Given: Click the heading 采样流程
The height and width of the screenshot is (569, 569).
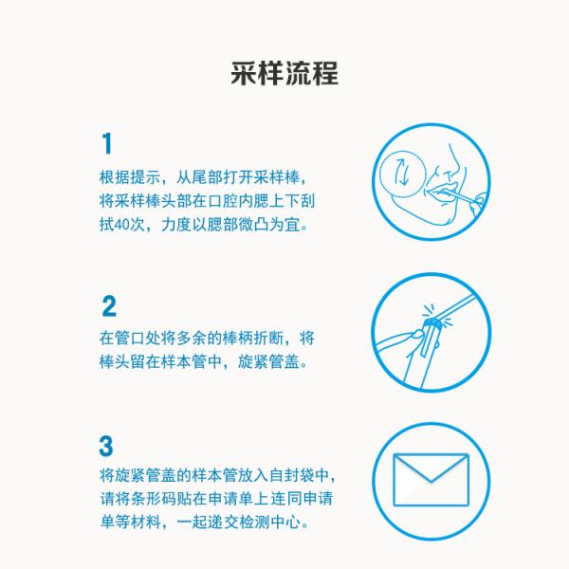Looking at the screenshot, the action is (284, 74).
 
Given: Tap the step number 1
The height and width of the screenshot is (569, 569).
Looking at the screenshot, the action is (107, 143).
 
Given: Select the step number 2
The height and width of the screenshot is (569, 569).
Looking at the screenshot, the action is (109, 306).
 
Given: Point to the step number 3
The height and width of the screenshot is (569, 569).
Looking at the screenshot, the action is (106, 446).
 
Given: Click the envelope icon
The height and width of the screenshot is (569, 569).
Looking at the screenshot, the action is (431, 479).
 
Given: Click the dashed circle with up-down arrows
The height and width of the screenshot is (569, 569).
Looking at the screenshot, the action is (402, 174).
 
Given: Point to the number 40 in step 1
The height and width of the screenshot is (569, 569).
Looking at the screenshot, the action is (122, 225).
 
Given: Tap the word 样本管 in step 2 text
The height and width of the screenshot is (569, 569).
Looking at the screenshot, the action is (184, 361).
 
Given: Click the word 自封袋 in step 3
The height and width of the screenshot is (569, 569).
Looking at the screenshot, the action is (292, 475).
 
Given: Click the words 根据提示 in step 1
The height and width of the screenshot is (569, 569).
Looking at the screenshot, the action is (130, 177).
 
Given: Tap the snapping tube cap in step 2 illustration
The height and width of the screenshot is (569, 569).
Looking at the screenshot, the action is (433, 323).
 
